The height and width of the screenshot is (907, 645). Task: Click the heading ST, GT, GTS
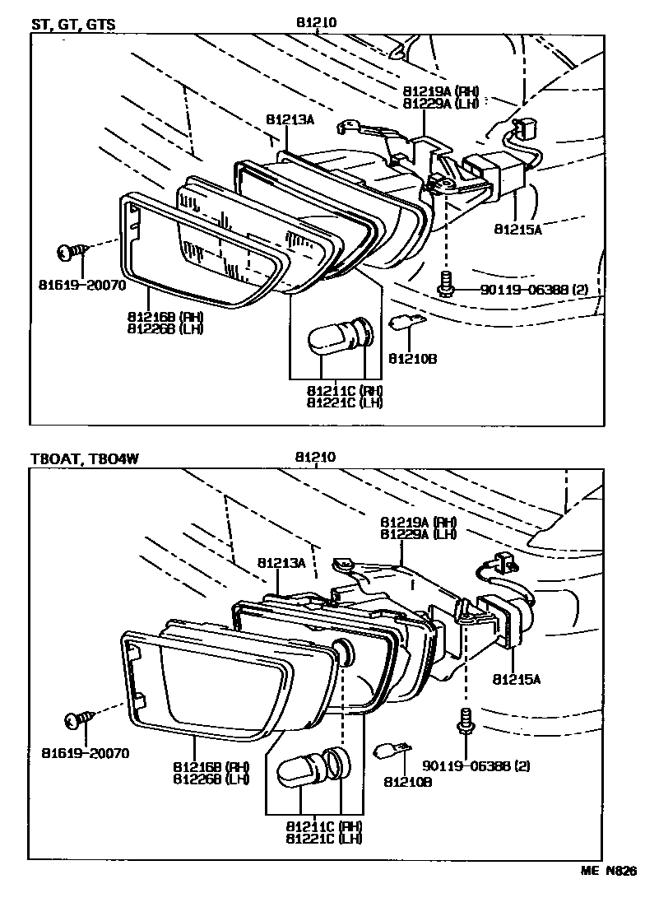(72, 25)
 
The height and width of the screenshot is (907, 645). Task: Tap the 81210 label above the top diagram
(317, 24)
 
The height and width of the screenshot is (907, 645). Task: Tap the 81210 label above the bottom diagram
(317, 458)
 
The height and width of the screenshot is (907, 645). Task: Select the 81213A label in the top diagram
(290, 119)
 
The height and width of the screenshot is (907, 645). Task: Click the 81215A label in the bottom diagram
(517, 680)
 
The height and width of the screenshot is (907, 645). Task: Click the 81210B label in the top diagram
(411, 359)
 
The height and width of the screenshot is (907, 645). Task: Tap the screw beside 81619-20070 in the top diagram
(70, 250)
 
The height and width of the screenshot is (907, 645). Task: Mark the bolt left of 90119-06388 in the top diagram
(444, 285)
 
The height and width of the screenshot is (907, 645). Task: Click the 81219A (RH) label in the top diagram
(441, 91)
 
